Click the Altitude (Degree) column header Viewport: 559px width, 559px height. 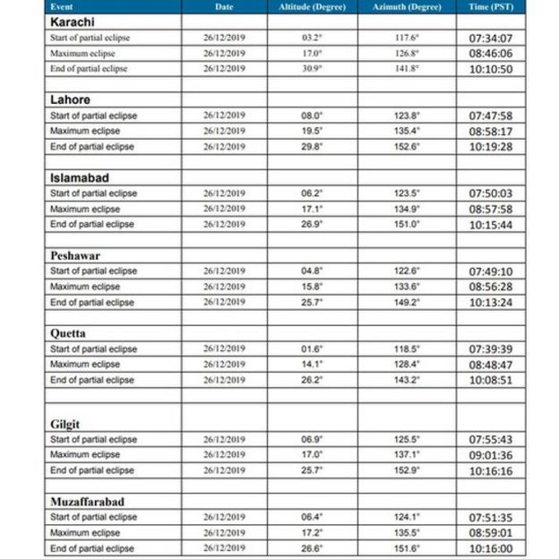point(312,6)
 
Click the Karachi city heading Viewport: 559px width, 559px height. point(72,21)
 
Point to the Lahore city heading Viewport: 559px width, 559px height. point(69,99)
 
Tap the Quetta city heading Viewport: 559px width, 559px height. point(68,332)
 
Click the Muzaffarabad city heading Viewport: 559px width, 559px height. point(87,502)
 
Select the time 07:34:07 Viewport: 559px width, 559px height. point(490,39)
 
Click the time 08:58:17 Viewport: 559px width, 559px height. point(490,131)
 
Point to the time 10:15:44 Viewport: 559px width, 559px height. point(490,225)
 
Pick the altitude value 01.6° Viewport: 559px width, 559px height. point(312,348)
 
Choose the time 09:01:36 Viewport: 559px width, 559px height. point(490,455)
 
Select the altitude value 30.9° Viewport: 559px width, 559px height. point(312,69)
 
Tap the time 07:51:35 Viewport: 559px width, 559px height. point(490,517)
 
